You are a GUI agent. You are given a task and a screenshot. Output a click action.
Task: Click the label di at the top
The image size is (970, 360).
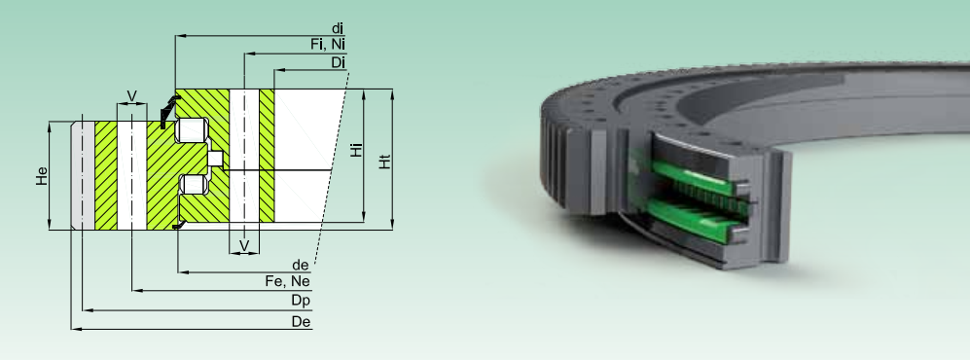(x=338, y=28)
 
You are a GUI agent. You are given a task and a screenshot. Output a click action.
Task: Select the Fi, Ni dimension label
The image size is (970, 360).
(x=328, y=45)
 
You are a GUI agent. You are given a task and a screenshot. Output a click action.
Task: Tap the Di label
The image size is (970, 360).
(x=339, y=62)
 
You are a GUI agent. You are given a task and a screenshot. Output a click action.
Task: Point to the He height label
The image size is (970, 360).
(x=42, y=176)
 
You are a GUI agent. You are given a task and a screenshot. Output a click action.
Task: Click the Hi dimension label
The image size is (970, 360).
(x=357, y=149)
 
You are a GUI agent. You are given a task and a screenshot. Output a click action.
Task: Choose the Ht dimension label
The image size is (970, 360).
(x=384, y=162)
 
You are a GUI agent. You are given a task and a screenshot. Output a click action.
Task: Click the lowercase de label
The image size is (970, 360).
(x=301, y=265)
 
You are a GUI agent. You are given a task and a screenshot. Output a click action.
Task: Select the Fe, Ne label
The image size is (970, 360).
(x=288, y=281)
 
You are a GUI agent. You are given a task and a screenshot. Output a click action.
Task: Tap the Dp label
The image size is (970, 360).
(x=301, y=301)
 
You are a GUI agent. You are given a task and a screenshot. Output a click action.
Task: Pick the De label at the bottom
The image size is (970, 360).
(x=302, y=322)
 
